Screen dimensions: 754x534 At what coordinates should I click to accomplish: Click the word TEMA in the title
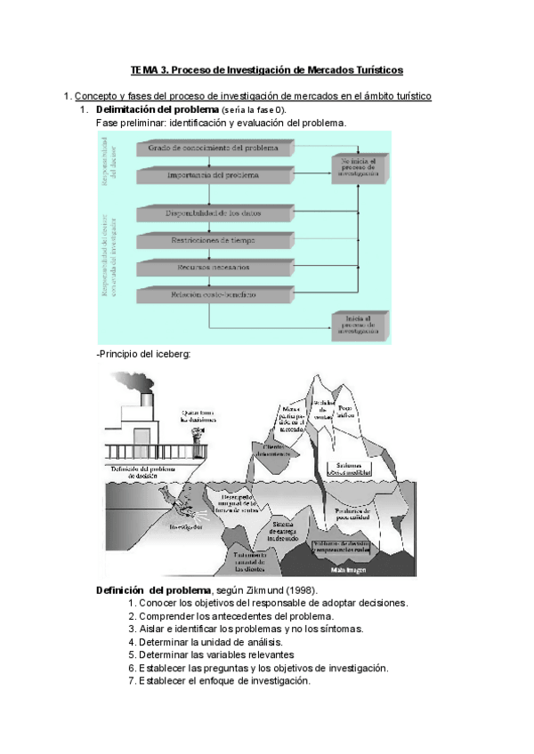tap(143, 68)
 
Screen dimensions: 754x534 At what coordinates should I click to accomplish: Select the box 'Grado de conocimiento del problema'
tap(214, 148)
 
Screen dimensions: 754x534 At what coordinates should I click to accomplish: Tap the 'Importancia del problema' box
tap(214, 175)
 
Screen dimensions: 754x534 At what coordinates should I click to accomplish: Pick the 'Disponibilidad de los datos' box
tap(214, 213)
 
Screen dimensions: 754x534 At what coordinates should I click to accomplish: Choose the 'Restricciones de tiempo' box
tap(214, 240)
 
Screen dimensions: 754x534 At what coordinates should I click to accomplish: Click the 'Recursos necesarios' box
tap(214, 267)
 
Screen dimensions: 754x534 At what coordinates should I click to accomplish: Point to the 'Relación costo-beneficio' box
tap(214, 293)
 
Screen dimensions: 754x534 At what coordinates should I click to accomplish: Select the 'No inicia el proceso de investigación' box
tap(357, 168)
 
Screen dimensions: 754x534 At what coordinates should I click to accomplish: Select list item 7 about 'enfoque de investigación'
tap(219, 681)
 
